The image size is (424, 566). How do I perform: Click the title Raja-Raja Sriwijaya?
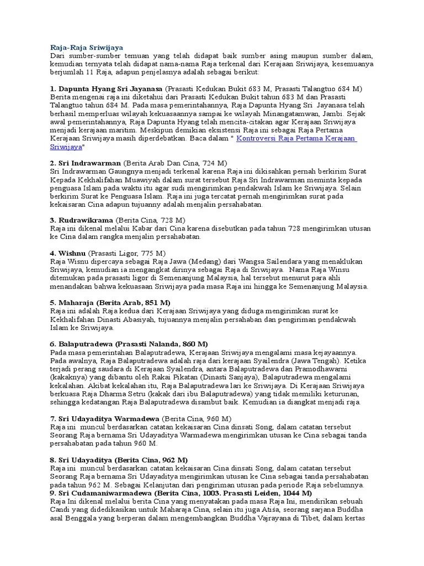point(86,48)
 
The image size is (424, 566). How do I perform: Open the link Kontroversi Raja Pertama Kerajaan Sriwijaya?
point(296,139)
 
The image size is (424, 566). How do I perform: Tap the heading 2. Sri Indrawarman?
point(86,164)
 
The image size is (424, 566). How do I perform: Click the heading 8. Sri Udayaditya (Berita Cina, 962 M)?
point(119,460)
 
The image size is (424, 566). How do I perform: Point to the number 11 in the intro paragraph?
point(94,72)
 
